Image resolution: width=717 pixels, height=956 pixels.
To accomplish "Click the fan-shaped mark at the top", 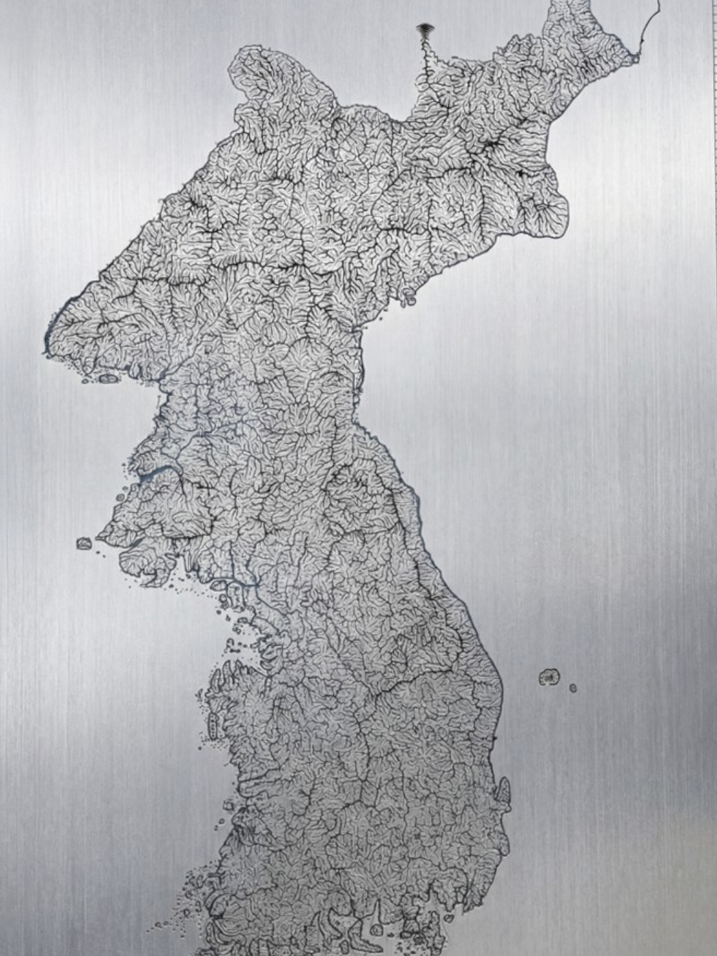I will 425,30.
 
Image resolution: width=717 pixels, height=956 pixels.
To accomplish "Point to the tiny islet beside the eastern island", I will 573,688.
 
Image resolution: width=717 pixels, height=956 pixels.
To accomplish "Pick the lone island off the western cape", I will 83,544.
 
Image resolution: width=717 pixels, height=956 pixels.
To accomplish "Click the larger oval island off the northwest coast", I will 108,378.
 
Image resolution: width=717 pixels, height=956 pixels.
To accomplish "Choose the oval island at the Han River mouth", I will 217,585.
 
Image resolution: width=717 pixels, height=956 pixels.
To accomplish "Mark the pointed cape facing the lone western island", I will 102,533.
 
